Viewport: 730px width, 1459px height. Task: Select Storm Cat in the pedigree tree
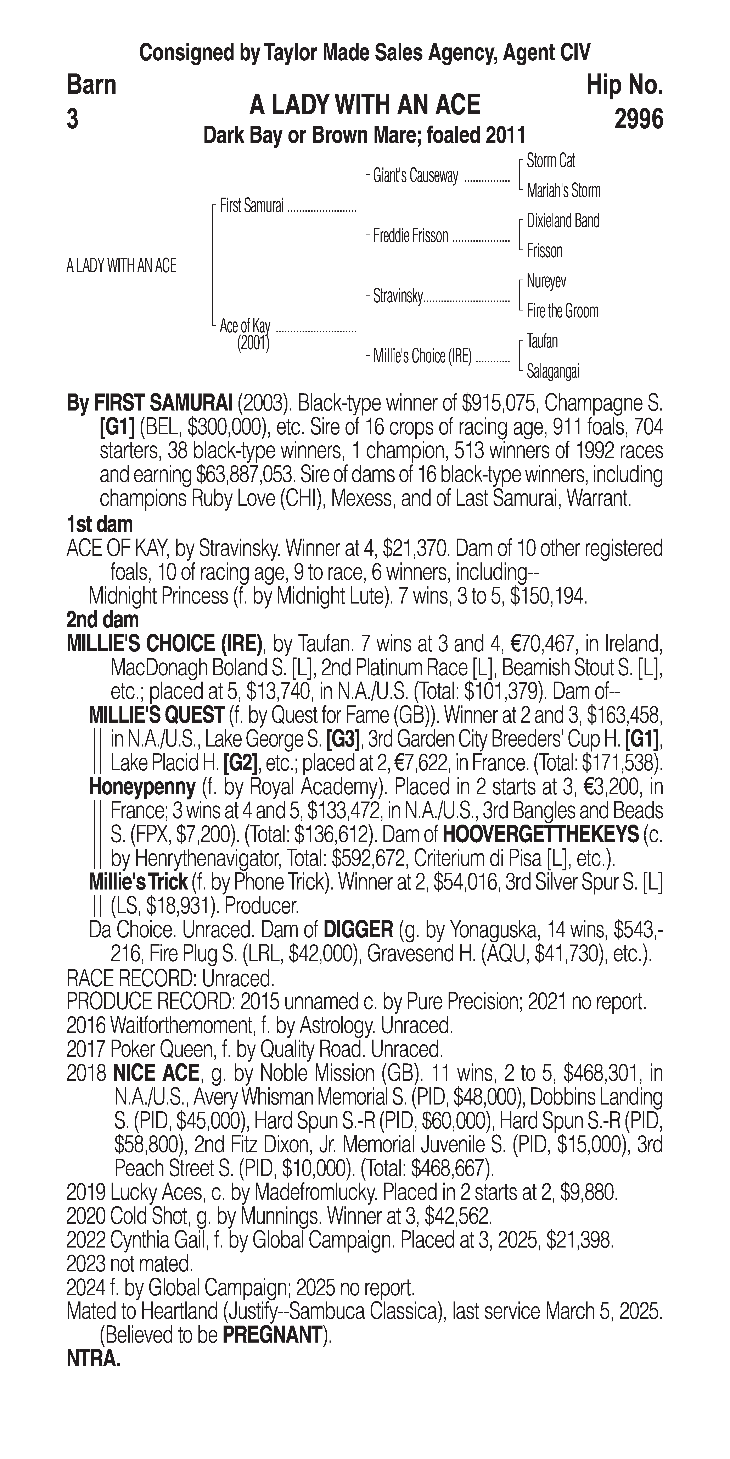coord(551,161)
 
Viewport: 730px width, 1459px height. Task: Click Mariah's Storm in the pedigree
coord(563,191)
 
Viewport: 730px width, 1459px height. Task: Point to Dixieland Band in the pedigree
coord(562,221)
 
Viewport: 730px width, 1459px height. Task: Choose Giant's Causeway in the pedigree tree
coord(415,176)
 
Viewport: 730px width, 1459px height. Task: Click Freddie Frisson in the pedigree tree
coord(410,236)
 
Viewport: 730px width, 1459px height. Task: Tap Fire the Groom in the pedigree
coord(562,311)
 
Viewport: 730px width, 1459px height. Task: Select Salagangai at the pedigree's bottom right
coord(553,371)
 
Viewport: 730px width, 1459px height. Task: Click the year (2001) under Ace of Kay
coord(253,343)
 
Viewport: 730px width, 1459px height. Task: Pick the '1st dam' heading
coord(100,524)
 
